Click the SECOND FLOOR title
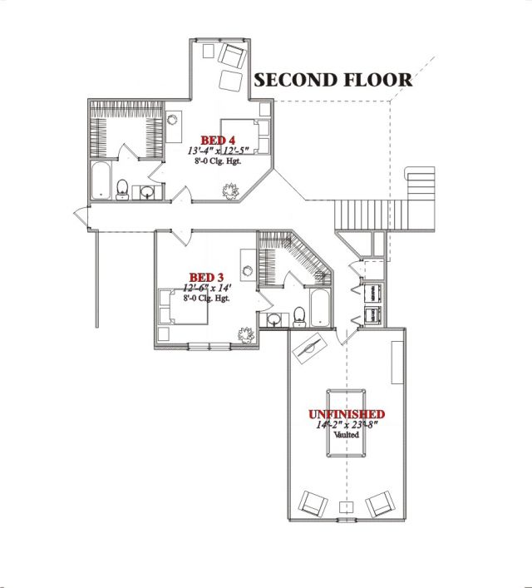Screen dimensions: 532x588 pyautogui.click(x=333, y=80)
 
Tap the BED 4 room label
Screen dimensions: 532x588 pyautogui.click(x=218, y=141)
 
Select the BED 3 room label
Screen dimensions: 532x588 pyautogui.click(x=206, y=278)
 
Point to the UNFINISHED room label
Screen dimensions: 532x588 pyautogui.click(x=347, y=414)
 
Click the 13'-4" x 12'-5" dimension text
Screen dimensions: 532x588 pyautogui.click(x=218, y=151)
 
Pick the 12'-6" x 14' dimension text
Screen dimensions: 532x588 pyautogui.click(x=207, y=288)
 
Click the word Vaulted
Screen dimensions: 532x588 pyautogui.click(x=347, y=435)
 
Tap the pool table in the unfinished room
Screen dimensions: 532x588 pyautogui.click(x=346, y=423)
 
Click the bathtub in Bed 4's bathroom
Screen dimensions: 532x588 pyautogui.click(x=101, y=180)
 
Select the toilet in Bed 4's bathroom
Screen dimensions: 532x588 pyautogui.click(x=122, y=190)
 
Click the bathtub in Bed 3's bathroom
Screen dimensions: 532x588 pyautogui.click(x=320, y=309)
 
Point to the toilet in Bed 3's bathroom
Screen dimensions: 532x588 pyautogui.click(x=299, y=317)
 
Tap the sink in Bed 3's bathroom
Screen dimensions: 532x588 pyautogui.click(x=273, y=319)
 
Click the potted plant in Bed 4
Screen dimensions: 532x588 pyautogui.click(x=230, y=190)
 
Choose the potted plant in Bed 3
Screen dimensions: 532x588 pyautogui.click(x=246, y=334)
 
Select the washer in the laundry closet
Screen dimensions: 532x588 pyautogui.click(x=373, y=293)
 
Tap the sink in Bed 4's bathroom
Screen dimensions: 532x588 pyautogui.click(x=147, y=192)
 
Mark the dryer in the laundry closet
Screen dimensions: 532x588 pyautogui.click(x=373, y=315)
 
